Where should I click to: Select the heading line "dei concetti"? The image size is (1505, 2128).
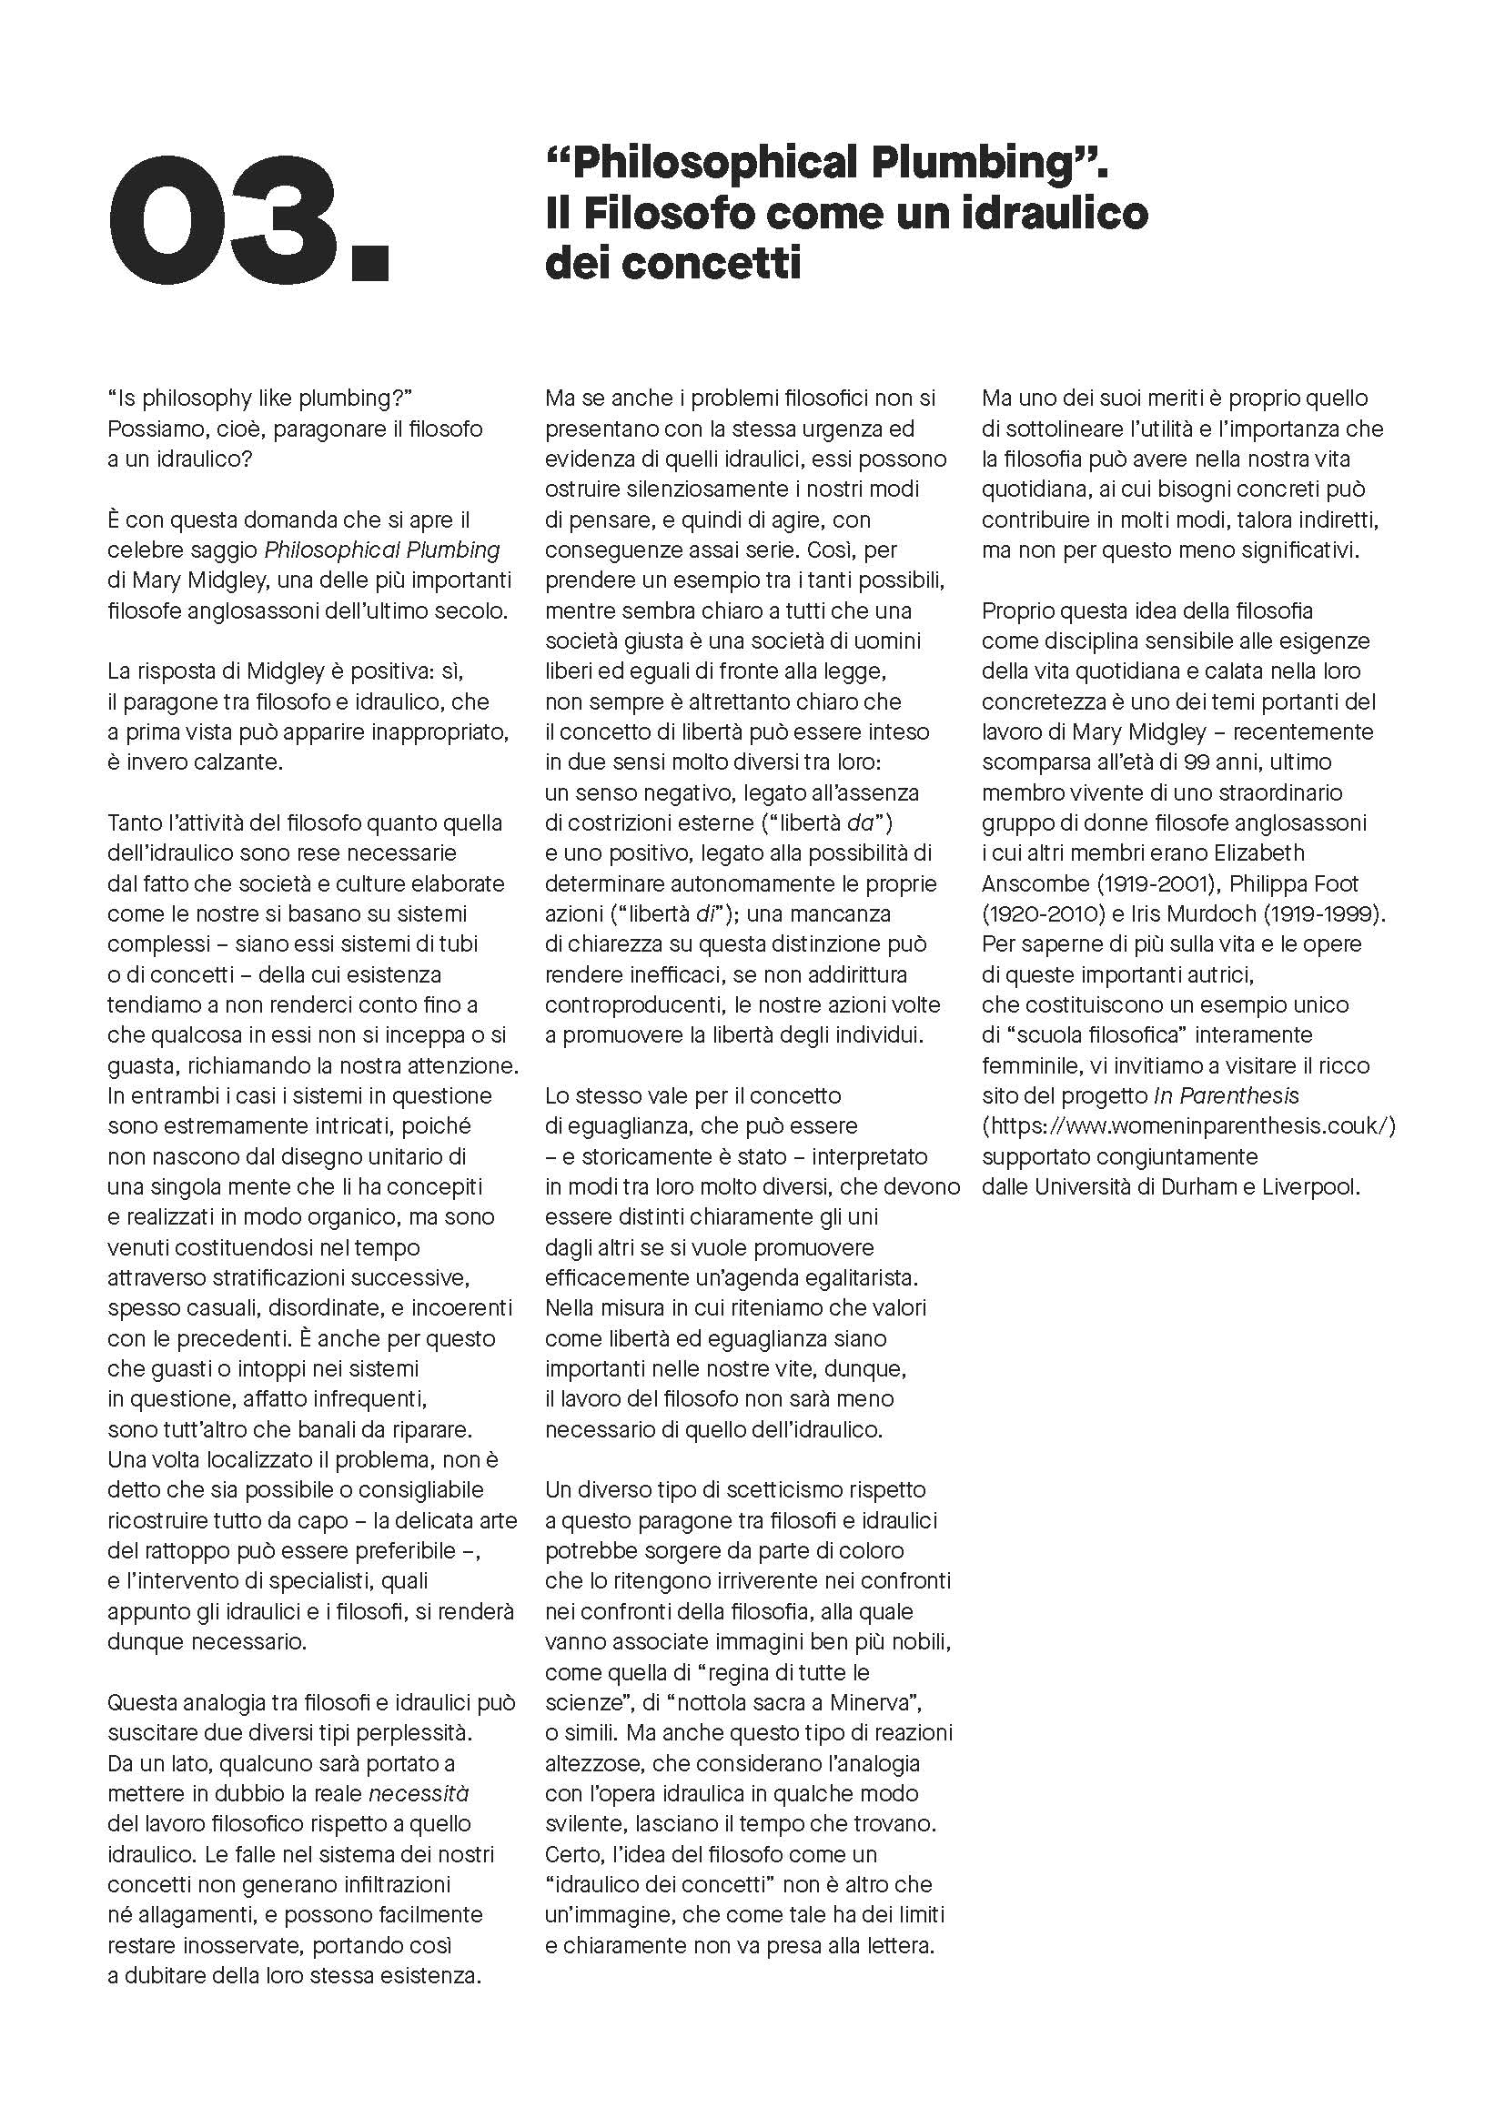[672, 264]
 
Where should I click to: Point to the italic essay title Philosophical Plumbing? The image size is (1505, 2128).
[382, 550]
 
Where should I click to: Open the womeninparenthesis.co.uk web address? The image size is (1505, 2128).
[1188, 1126]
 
